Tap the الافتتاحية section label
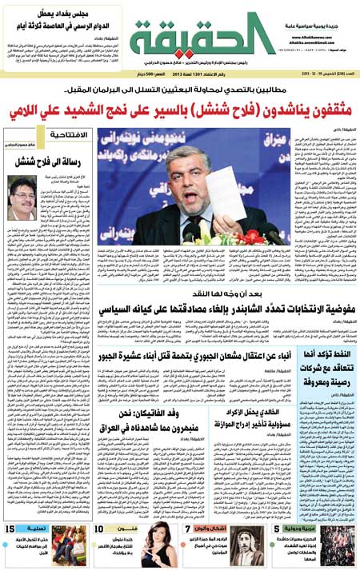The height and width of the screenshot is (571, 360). (66, 135)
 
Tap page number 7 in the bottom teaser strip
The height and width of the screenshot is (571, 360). (189, 528)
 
